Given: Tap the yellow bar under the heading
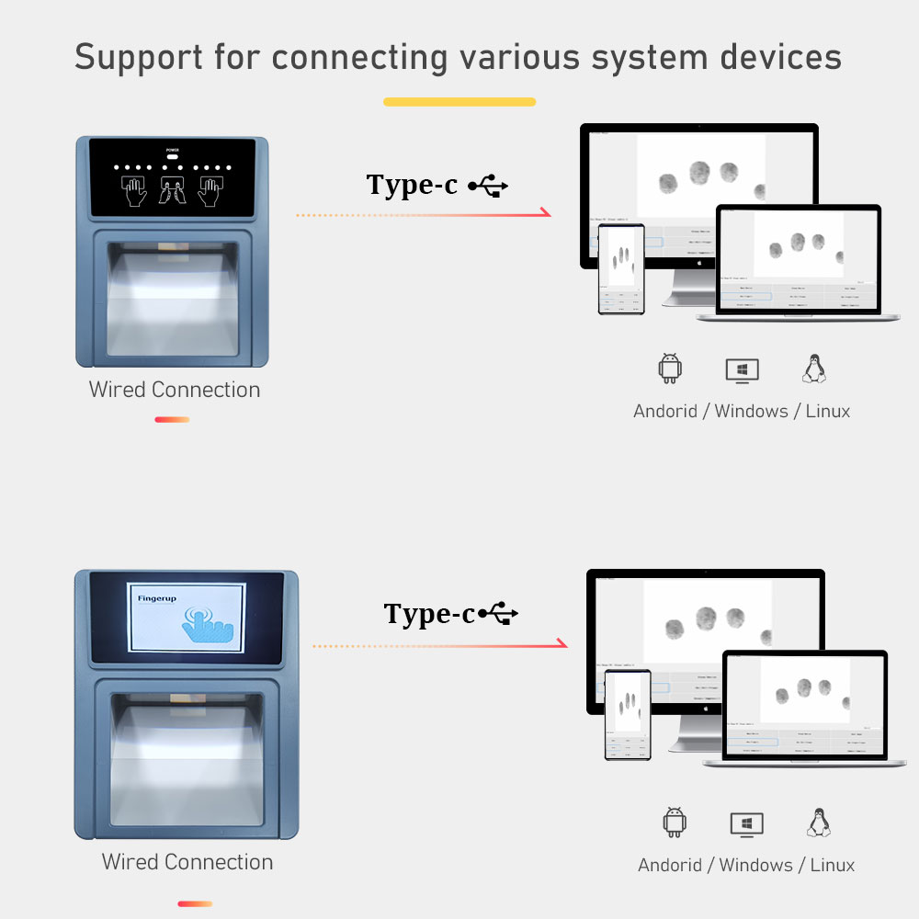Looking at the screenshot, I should tap(459, 102).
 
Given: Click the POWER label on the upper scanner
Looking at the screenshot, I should tap(173, 149).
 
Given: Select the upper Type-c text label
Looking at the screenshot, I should tap(412, 185).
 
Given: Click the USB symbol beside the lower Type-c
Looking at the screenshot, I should tap(499, 613).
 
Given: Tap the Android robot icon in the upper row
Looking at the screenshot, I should tap(670, 369).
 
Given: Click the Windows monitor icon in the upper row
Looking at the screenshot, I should tap(742, 369).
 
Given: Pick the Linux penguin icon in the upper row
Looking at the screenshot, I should tap(813, 369).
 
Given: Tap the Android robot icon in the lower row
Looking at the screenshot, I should tap(675, 823).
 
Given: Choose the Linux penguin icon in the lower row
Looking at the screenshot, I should tap(818, 823).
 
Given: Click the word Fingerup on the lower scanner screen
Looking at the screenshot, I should tap(156, 598).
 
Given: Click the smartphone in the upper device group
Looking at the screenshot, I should tap(621, 269).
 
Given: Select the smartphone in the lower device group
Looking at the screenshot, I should tap(628, 714).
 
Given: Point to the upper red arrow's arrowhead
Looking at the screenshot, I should tap(546, 213).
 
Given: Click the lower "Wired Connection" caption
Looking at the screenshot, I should tap(187, 862).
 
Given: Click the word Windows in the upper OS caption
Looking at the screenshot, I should tap(751, 411).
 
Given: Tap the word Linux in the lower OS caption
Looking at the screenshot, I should tap(833, 865).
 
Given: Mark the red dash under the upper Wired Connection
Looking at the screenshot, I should tap(172, 420).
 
